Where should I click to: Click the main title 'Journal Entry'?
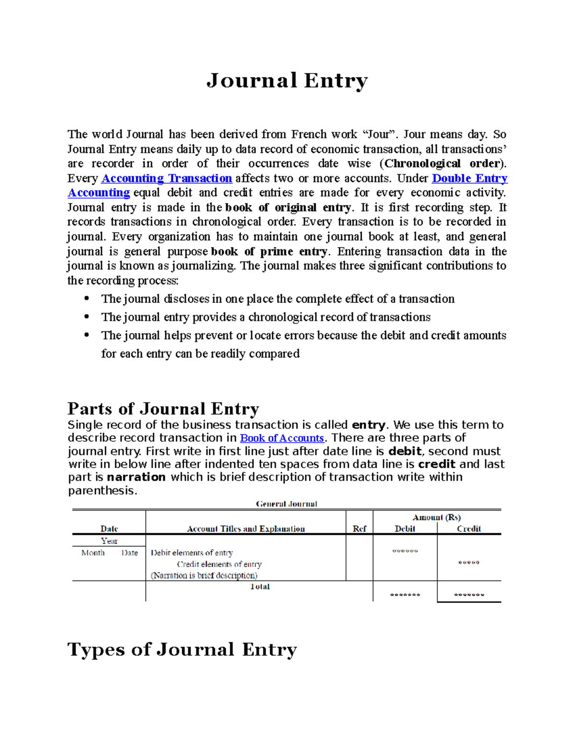coord(287,81)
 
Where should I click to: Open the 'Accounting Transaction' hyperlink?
coord(167,178)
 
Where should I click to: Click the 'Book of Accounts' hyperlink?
coord(282,438)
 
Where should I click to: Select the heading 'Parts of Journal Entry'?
coord(163,409)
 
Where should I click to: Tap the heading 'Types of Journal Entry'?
coord(182,650)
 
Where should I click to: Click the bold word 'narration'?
coord(136,477)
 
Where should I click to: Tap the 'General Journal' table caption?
coord(287,504)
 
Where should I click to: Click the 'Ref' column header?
coord(359,529)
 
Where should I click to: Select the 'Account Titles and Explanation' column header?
coord(246,529)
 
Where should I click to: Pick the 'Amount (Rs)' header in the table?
coord(437,517)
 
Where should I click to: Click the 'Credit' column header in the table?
coord(469,529)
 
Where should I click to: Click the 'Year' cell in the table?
coord(109,541)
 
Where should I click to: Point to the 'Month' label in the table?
coord(93,553)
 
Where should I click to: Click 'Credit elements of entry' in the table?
coord(219,564)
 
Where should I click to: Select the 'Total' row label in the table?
coord(260,587)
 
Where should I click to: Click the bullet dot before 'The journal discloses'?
coord(87,298)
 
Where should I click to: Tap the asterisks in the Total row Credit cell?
coord(469,595)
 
